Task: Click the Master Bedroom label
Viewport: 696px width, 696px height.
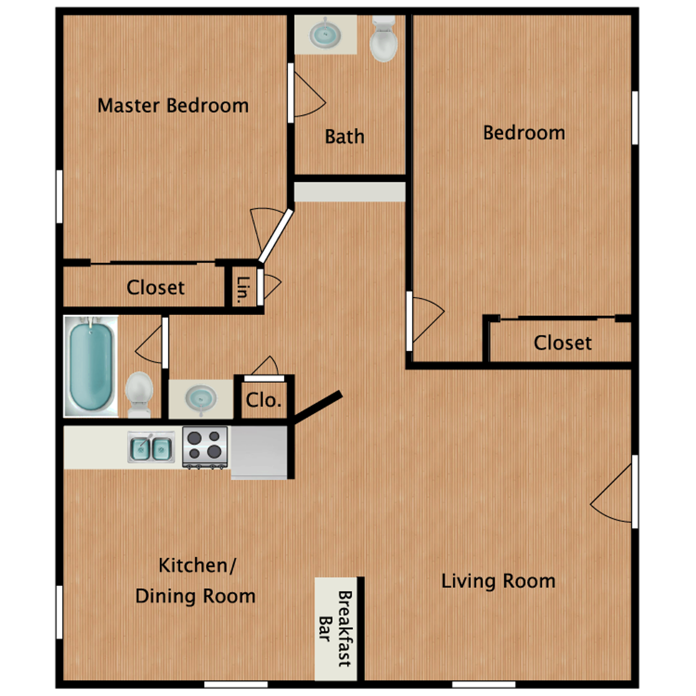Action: (x=173, y=106)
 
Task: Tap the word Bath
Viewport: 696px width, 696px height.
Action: (x=344, y=137)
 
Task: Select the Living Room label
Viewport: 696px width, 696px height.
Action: (x=498, y=581)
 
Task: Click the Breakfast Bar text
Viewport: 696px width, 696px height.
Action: (x=336, y=629)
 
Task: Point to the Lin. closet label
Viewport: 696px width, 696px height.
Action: (x=243, y=290)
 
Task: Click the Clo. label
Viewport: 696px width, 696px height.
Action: (x=264, y=400)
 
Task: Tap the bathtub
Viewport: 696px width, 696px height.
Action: (x=91, y=366)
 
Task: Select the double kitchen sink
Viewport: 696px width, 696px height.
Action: (x=151, y=448)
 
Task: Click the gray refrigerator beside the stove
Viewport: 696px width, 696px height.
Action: (x=259, y=452)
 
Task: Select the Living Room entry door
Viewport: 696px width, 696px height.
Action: (x=634, y=492)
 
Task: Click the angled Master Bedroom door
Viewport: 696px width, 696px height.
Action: (x=276, y=236)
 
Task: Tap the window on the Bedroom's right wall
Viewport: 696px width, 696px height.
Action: (x=635, y=118)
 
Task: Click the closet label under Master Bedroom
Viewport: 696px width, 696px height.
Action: (x=156, y=287)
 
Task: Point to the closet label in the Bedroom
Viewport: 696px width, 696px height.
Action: (x=562, y=343)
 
